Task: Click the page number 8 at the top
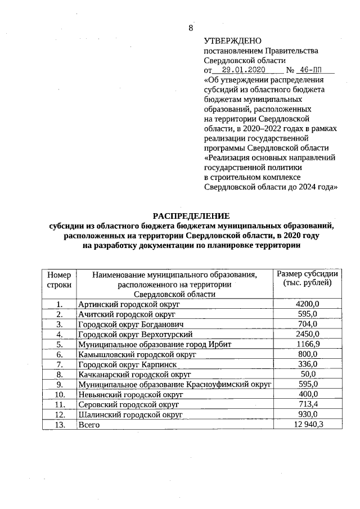coord(191,28)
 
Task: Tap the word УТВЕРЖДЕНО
coord(233,41)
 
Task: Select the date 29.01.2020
coord(243,71)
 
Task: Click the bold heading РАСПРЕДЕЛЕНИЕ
coord(191,216)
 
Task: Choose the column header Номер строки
coord(59,280)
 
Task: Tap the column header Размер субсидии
coord(307,278)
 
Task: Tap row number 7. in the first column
coord(59,364)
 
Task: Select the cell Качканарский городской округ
coord(135,375)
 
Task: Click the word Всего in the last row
coord(89,425)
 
